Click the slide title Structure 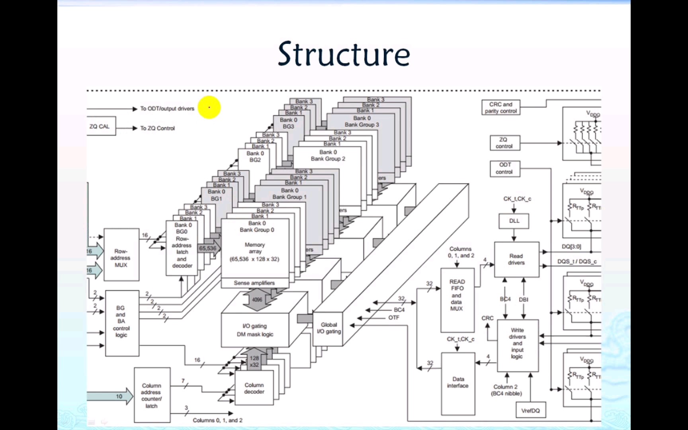click(x=344, y=54)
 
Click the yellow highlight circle click(x=209, y=107)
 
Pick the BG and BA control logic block click(x=122, y=322)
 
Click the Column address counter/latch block click(x=152, y=395)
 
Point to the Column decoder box click(x=254, y=388)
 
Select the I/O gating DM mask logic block click(x=255, y=330)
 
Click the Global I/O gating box click(x=328, y=328)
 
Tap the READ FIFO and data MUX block click(x=457, y=295)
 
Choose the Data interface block click(x=458, y=383)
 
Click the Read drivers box click(x=516, y=259)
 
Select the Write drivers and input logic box click(x=517, y=343)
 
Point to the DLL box click(x=514, y=221)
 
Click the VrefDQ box click(x=530, y=410)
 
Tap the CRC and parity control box click(x=501, y=107)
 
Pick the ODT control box click(x=504, y=168)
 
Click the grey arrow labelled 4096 click(x=257, y=300)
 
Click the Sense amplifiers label click(x=254, y=283)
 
